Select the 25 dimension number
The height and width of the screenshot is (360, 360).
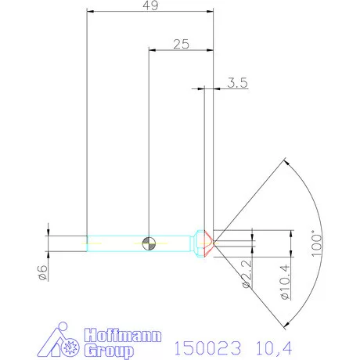pos(181,45)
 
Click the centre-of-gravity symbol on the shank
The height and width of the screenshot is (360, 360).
pos(149,242)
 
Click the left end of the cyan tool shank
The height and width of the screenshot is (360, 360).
pos(88,242)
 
